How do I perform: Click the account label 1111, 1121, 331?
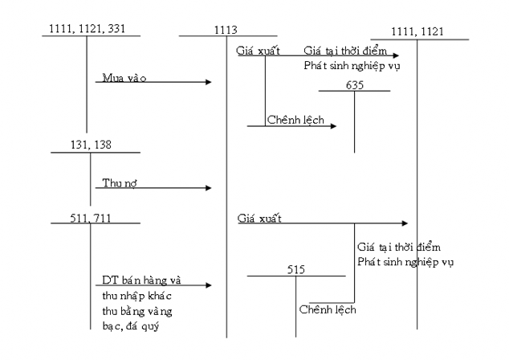86,29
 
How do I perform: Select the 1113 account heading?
226,30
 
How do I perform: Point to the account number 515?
296,270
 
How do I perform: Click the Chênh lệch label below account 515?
328,309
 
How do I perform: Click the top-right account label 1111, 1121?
417,31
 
